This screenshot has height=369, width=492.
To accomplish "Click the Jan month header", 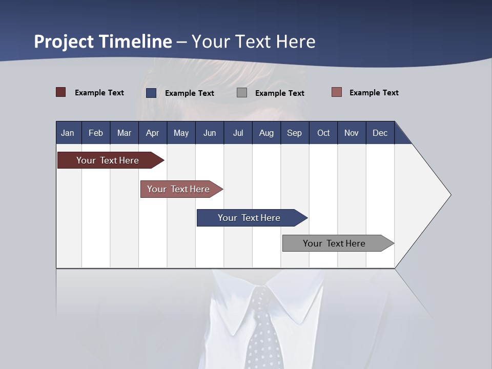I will (x=68, y=133).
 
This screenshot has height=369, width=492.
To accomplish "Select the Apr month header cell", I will (x=153, y=133).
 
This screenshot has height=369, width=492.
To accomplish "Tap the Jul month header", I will (x=238, y=133).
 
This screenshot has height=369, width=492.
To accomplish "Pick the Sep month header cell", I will (x=295, y=133).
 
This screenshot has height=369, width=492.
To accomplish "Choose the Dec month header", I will (x=380, y=133).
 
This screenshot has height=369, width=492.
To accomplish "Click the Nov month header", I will (x=352, y=133).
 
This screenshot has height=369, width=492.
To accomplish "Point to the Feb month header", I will (x=96, y=133).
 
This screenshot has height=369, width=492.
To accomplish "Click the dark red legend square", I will (x=61, y=92).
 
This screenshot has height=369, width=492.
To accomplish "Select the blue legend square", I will (x=151, y=93).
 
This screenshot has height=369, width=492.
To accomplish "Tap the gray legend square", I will (x=242, y=93).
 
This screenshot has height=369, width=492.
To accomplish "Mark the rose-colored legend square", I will (x=337, y=92).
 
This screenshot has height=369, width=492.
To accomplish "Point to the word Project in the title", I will (x=64, y=42).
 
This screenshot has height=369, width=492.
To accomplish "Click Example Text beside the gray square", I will (x=279, y=93).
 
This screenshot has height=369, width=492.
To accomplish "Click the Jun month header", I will (x=210, y=133).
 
